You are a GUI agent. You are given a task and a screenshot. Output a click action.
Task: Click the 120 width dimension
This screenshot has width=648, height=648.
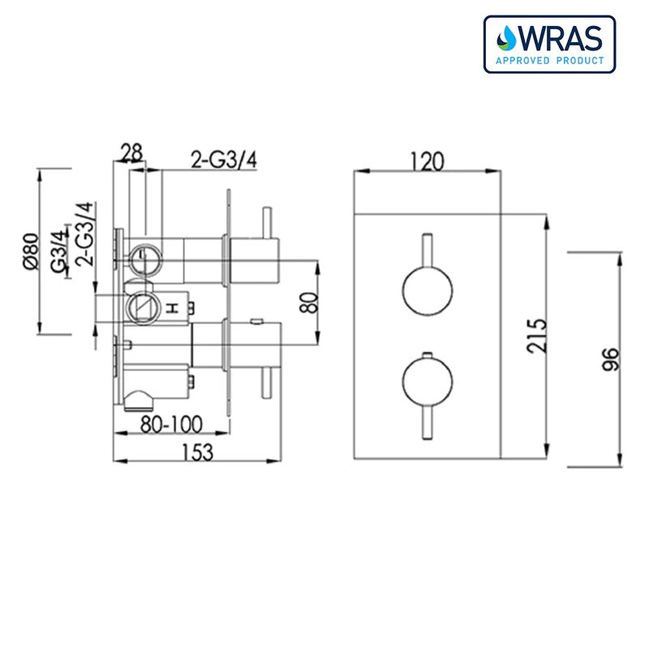coord(427,161)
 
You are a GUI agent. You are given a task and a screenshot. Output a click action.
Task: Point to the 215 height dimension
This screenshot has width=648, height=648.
coord(537,334)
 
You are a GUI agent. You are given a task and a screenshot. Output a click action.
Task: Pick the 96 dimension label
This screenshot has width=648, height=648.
coord(611,359)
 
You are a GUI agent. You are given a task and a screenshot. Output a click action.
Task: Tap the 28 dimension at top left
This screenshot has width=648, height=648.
coord(132,151)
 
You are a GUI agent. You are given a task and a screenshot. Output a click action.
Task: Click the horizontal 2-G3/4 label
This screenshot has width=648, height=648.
coord(224,160)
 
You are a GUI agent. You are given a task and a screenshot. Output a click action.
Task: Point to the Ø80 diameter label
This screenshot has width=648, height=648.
coord(30,251)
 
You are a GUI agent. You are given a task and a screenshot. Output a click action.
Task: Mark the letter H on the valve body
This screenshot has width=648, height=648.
coord(172,308)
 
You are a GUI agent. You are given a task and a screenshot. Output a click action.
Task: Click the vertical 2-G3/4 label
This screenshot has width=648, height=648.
coord(83,235)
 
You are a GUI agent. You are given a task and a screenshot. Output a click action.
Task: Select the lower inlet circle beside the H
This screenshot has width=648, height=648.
coord(142,306)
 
